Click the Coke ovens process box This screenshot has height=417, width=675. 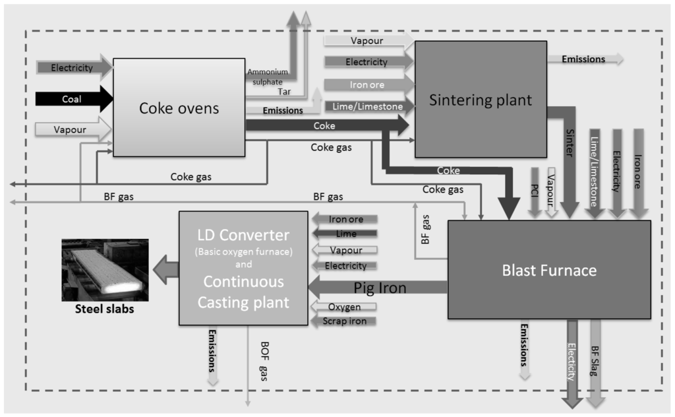point(179,108)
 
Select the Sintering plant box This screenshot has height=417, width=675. point(480,100)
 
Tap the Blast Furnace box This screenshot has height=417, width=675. point(549,270)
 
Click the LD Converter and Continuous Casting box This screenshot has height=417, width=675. point(243,268)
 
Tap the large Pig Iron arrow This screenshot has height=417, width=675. point(379,287)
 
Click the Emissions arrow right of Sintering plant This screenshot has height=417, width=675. point(587,59)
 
